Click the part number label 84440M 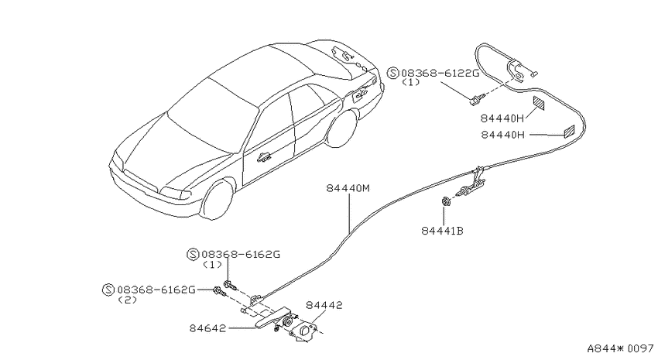tap(348, 188)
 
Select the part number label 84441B tap(442, 231)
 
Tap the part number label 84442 tap(324, 305)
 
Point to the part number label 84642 tap(207, 328)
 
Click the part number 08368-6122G tap(440, 74)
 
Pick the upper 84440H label tap(502, 118)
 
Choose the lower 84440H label tap(502, 135)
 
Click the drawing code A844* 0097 tap(620, 348)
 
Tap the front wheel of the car tap(217, 200)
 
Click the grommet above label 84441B tap(446, 201)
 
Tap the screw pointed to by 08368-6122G tap(476, 98)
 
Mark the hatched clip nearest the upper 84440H tap(539, 103)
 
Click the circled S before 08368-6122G tap(393, 74)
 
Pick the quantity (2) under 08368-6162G tap(128, 300)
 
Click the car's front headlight tap(176, 192)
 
